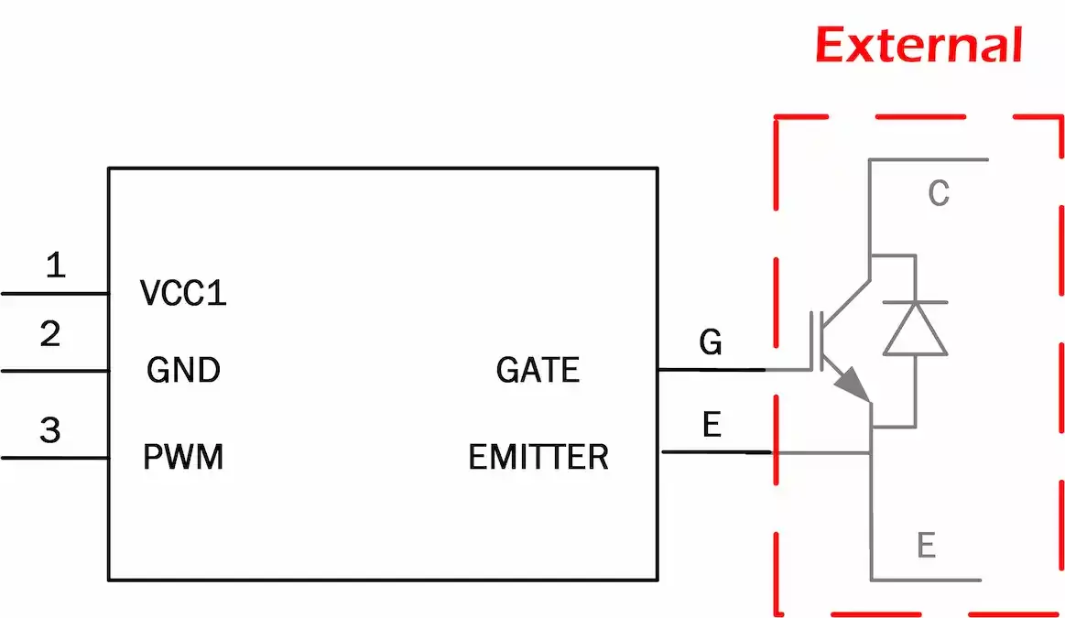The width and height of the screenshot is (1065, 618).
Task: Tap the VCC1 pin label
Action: pyautogui.click(x=183, y=293)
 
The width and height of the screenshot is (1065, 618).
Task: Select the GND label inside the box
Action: pyautogui.click(x=183, y=371)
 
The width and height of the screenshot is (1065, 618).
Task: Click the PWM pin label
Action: pyautogui.click(x=183, y=456)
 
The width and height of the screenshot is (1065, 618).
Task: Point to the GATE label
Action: pyautogui.click(x=538, y=371)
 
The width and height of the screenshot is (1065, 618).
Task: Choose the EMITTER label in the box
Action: pyautogui.click(x=538, y=456)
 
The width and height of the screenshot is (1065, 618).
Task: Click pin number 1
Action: pyautogui.click(x=56, y=266)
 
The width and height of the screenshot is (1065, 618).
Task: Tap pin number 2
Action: pyautogui.click(x=50, y=334)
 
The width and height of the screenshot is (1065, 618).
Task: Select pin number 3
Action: pyautogui.click(x=50, y=429)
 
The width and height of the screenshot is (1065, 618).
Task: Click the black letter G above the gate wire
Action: pyautogui.click(x=710, y=342)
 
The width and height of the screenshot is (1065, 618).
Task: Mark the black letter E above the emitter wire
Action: pyautogui.click(x=711, y=425)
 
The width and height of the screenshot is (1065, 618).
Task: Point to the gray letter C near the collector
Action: pyautogui.click(x=939, y=193)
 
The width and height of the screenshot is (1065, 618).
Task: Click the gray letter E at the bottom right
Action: pyautogui.click(x=927, y=546)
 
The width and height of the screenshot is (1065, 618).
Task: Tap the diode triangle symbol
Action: pyautogui.click(x=915, y=330)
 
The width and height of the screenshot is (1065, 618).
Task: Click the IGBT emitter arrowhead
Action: pyautogui.click(x=855, y=385)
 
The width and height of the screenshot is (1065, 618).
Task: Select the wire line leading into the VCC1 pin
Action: pyautogui.click(x=55, y=294)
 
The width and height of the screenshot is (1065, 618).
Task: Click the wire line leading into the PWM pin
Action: pyautogui.click(x=55, y=457)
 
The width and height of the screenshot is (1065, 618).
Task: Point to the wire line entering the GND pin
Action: pyautogui.click(x=55, y=371)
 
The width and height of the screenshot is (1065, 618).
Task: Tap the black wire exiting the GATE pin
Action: pyautogui.click(x=710, y=370)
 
